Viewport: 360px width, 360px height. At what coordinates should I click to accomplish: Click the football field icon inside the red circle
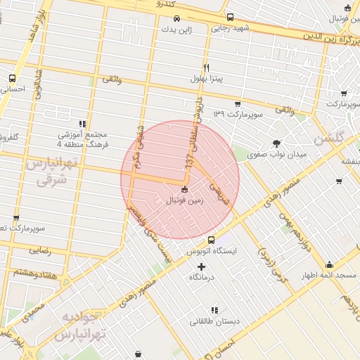point(184,188)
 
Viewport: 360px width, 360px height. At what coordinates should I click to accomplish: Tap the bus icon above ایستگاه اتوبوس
point(212,240)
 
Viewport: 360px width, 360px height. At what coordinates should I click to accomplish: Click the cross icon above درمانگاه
point(202,266)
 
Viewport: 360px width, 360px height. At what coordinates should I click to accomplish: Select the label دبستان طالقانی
point(214,321)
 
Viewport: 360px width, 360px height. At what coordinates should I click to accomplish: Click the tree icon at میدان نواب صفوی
point(285,143)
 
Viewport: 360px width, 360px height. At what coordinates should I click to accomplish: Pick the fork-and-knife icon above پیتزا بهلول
point(206,67)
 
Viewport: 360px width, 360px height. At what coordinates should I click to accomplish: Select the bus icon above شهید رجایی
point(230,17)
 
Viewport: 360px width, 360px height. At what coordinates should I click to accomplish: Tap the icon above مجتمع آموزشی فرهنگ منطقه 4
point(83,123)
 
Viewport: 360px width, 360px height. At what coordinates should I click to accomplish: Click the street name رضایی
point(39,250)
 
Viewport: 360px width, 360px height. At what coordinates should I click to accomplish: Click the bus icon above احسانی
point(12,78)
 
